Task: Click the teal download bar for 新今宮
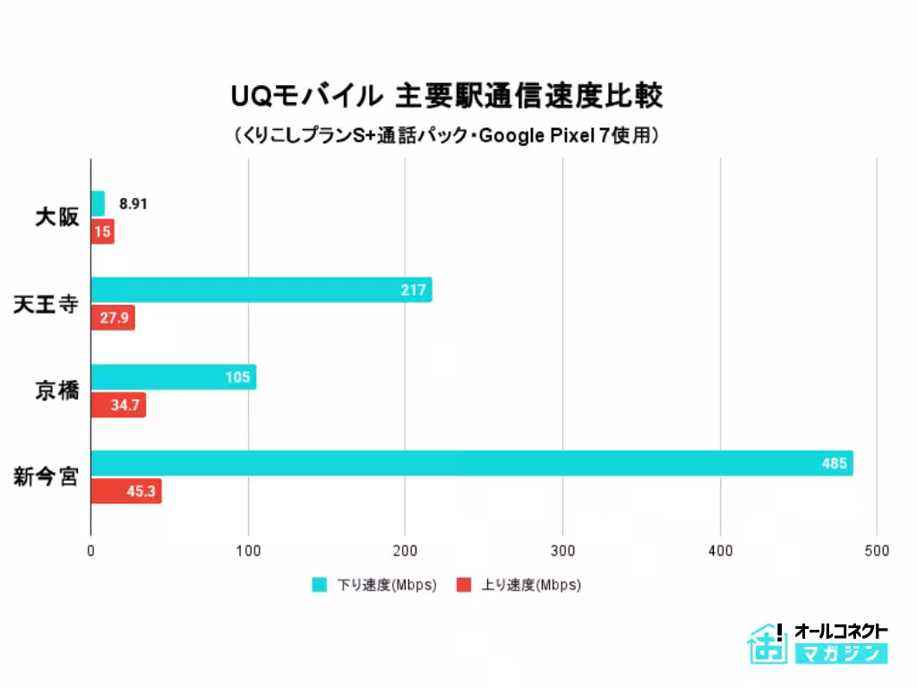(x=472, y=463)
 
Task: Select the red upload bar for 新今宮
(x=126, y=491)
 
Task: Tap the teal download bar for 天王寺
(x=261, y=289)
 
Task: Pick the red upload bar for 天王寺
(x=113, y=317)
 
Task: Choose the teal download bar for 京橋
(x=174, y=377)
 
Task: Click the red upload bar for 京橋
(x=118, y=405)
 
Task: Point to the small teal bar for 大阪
(x=98, y=203)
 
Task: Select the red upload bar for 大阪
(x=102, y=232)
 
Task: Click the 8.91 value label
(x=133, y=203)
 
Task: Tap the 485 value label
(x=835, y=464)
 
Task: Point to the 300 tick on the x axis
(x=562, y=551)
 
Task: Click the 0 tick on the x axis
(x=91, y=551)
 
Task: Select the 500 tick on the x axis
(x=878, y=551)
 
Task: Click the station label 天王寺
(x=46, y=304)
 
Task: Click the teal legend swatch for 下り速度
(x=320, y=585)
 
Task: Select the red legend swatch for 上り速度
(x=464, y=585)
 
